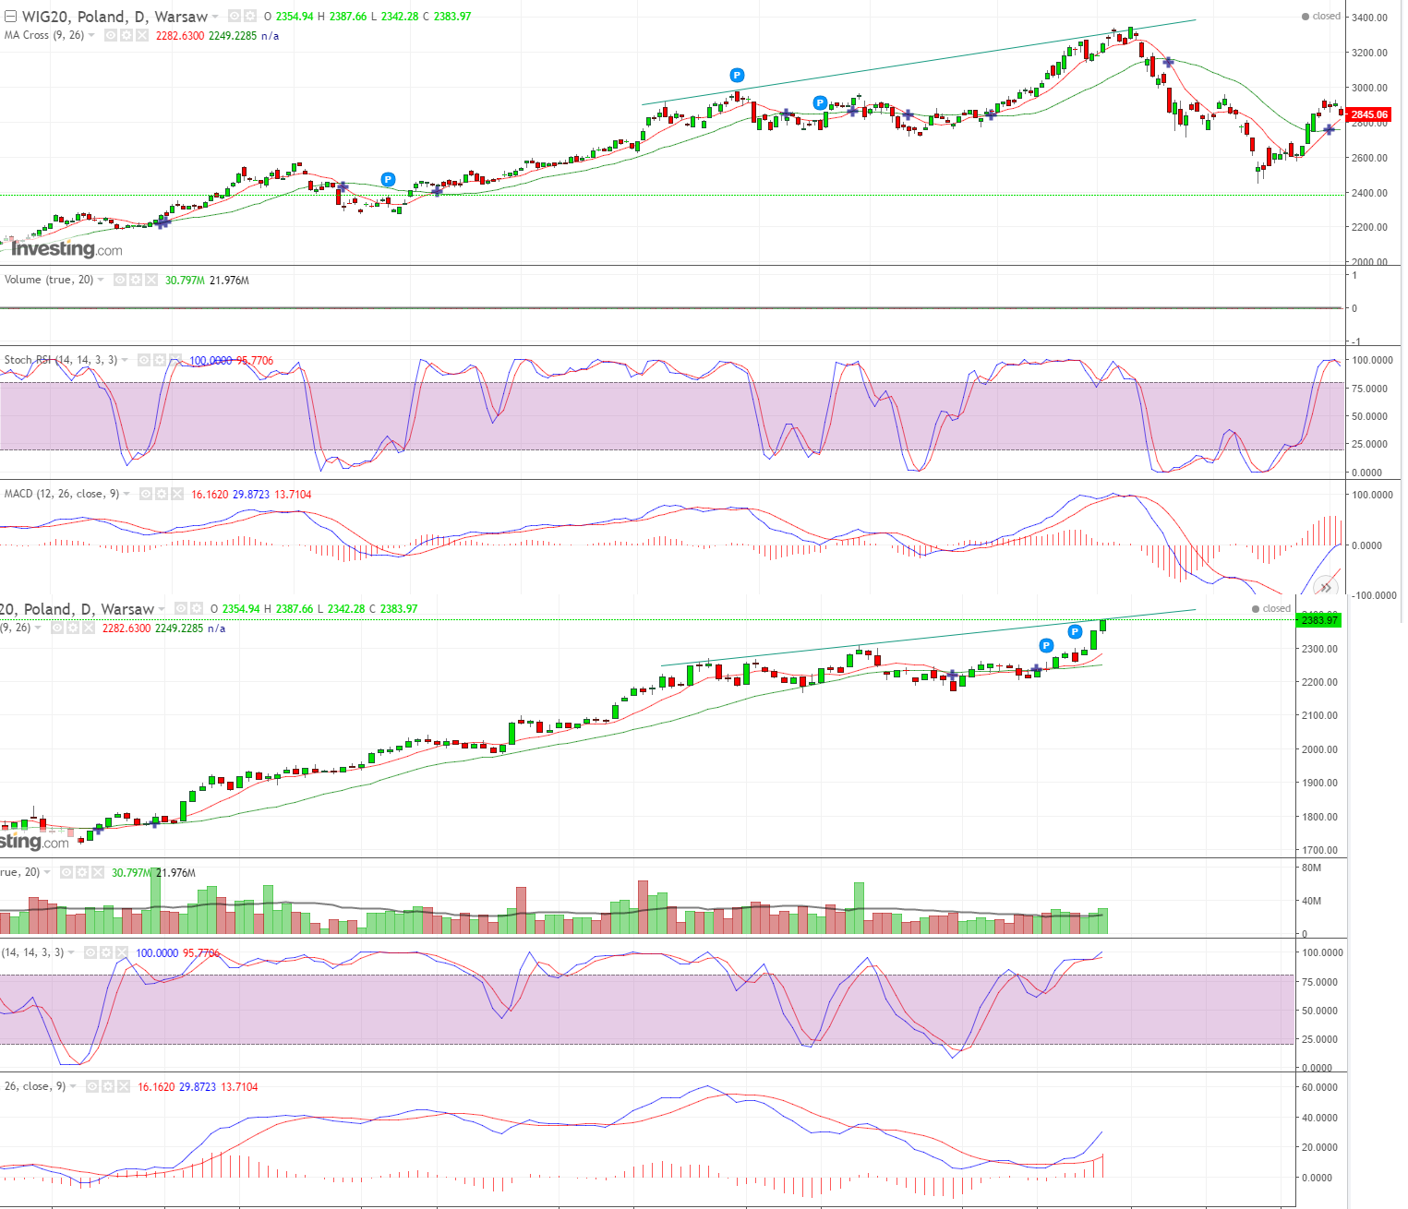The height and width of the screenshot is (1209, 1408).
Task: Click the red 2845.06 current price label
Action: [1368, 114]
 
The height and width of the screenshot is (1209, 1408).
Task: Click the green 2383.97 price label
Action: [1319, 619]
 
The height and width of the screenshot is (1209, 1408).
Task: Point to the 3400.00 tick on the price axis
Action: [1368, 18]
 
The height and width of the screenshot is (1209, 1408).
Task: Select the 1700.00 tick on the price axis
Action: [1318, 850]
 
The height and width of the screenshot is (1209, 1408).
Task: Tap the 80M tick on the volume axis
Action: [1311, 868]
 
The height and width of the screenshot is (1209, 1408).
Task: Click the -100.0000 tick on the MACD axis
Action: [1373, 595]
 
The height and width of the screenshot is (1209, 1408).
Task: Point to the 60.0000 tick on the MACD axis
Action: [1318, 1087]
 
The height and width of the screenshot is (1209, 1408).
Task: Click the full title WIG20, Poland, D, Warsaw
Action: [114, 17]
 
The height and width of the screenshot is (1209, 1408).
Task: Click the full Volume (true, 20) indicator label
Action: [49, 280]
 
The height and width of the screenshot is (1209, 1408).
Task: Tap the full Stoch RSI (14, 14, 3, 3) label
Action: [61, 360]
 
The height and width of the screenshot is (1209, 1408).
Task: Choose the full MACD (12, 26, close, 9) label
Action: [62, 494]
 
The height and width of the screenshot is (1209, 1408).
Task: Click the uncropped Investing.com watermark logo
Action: [66, 249]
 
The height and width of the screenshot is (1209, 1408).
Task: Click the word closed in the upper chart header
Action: [1326, 16]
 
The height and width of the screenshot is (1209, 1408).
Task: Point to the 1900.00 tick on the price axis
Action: [1318, 783]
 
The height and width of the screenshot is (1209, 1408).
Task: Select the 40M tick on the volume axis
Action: [1311, 901]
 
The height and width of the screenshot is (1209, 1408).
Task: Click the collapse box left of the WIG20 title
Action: [11, 17]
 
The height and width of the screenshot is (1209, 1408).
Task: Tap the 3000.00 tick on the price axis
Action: [1368, 88]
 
